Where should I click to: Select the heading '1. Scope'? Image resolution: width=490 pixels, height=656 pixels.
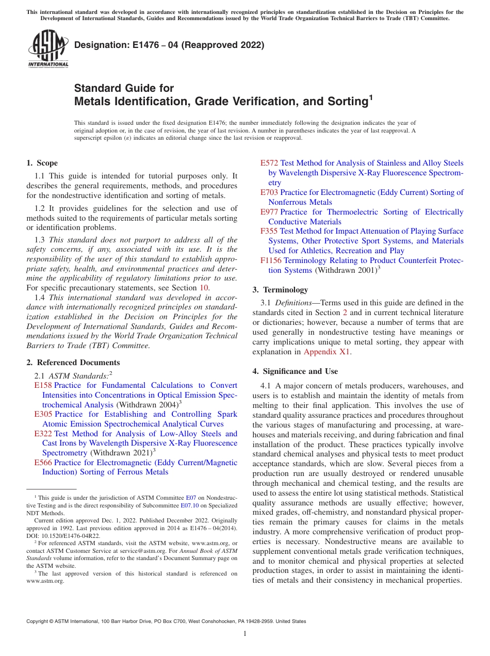(42, 163)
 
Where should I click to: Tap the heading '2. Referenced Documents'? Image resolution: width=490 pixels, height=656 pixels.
(73, 363)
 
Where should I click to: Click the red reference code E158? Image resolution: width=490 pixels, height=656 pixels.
(43, 385)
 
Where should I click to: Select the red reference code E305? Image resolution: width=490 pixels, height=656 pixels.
(43, 414)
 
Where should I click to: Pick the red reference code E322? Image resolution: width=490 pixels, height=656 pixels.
(43, 434)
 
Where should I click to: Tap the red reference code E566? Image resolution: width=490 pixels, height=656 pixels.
(43, 463)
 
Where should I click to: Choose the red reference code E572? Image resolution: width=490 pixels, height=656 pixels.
(269, 163)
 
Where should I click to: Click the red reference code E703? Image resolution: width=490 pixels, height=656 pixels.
(269, 192)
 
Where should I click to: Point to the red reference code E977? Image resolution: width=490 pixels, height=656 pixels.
(269, 212)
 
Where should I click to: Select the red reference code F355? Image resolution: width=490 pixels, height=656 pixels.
(269, 231)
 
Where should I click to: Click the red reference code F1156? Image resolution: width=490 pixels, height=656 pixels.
(271, 260)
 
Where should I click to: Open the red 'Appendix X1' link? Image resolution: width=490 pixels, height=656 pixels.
(327, 352)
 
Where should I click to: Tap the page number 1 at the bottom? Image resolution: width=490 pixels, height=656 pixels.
(245, 634)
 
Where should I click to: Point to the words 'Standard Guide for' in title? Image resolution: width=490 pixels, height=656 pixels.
(124, 88)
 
